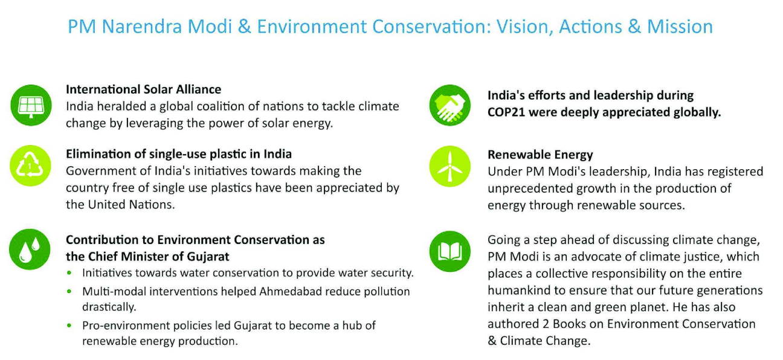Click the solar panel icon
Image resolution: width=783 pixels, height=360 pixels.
[31, 105]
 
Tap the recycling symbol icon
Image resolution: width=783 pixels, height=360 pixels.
[30, 166]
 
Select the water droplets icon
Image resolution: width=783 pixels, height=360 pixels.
[30, 249]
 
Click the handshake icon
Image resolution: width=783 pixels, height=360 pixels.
[450, 105]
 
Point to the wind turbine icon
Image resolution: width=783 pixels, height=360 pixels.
[450, 166]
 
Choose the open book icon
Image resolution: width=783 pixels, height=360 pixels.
[450, 251]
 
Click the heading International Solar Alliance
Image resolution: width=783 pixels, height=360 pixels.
[143, 89]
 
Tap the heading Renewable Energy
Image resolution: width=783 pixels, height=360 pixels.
[540, 155]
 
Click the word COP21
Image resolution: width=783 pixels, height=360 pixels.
[506, 112]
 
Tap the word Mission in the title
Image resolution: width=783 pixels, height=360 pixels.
[680, 27]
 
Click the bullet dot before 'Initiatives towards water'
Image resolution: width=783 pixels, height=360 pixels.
[69, 273]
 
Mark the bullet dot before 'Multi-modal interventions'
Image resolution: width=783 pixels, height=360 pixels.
[69, 291]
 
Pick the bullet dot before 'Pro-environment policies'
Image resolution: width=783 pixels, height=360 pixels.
[69, 326]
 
